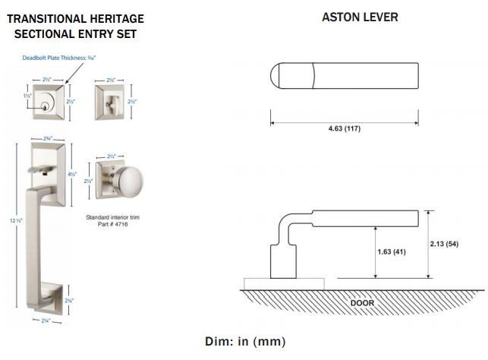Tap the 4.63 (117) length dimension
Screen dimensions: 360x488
coord(345,129)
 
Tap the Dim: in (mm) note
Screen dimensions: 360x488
coord(245,342)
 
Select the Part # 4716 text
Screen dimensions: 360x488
coord(113,226)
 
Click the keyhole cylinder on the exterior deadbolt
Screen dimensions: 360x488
coord(47,101)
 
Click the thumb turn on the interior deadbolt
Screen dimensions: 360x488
coord(111,101)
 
